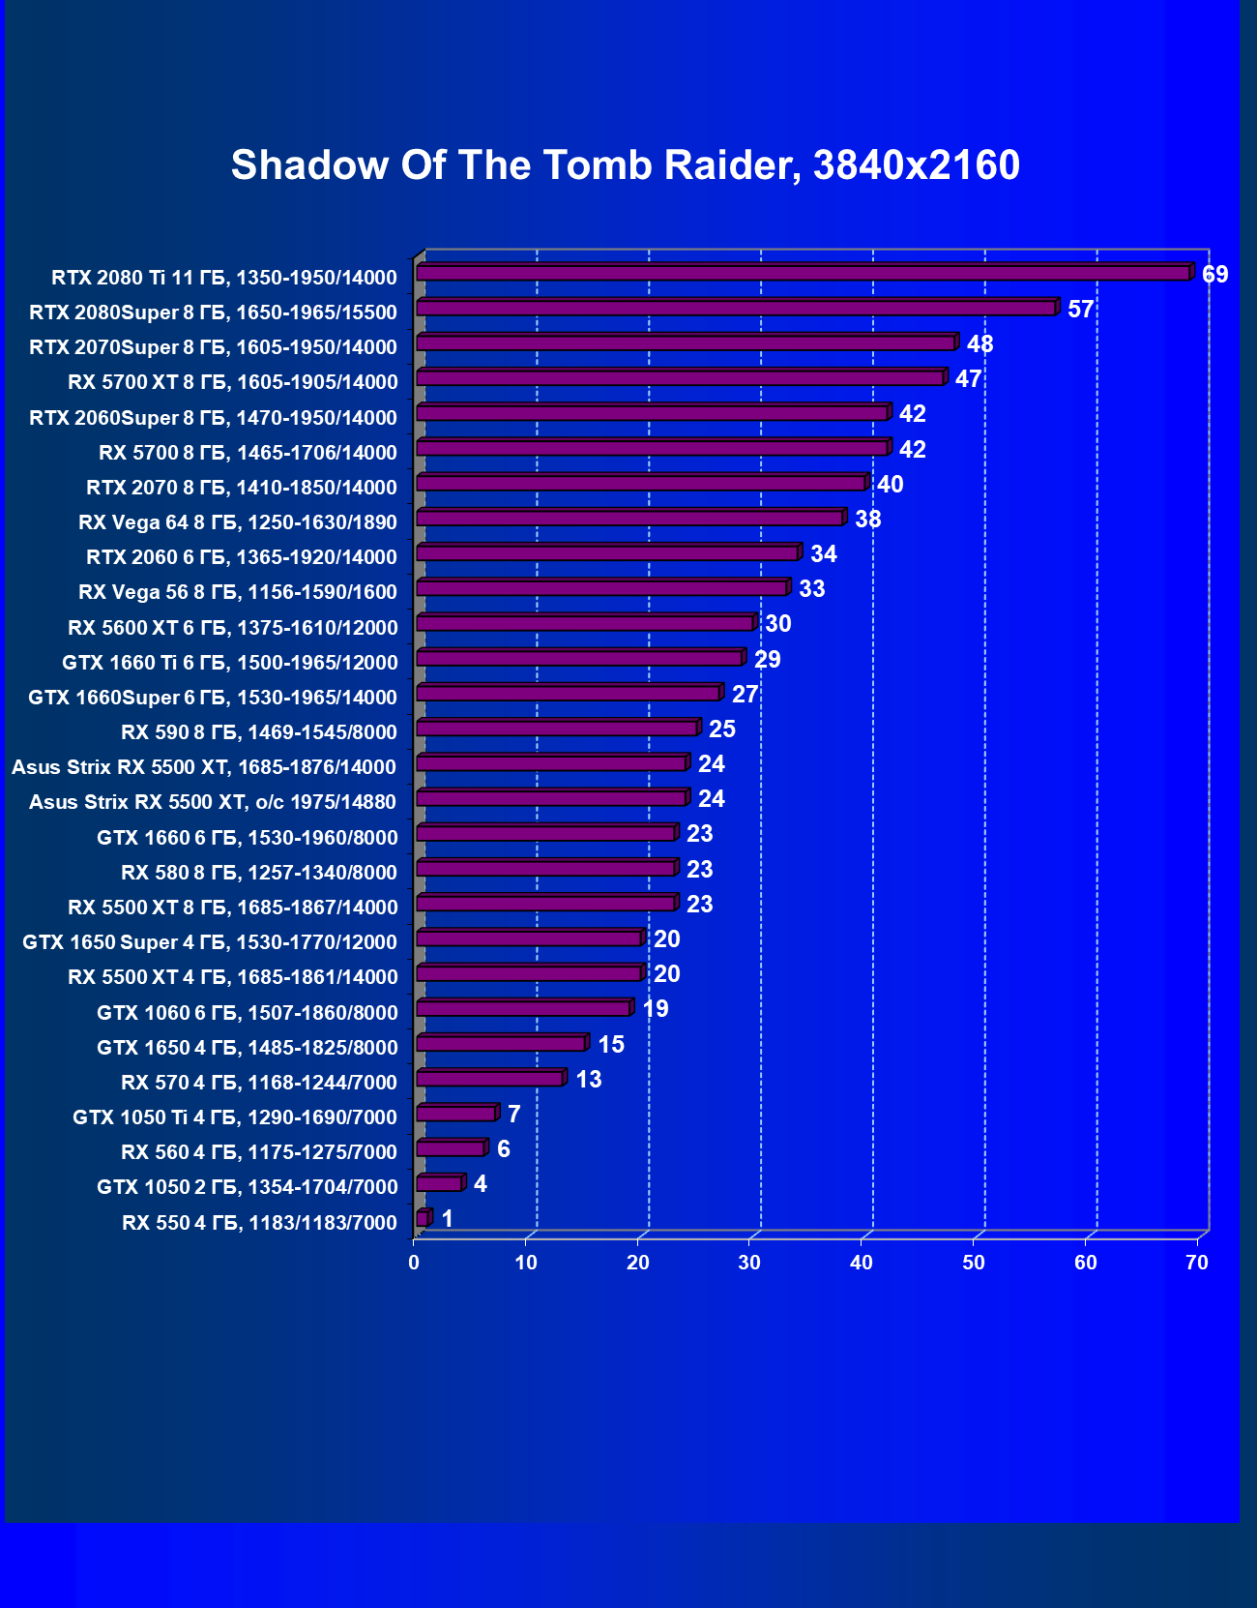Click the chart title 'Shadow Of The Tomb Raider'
625,165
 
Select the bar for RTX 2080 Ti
803,274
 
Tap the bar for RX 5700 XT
680,378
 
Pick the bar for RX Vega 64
629,519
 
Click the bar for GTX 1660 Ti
579,659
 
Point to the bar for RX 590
557,729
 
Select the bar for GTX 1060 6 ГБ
523,1009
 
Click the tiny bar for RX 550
423,1219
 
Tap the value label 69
1214,275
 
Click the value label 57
1080,310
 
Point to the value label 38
867,520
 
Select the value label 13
588,1080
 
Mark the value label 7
513,1115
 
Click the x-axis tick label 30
749,1263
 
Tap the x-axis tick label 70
1197,1263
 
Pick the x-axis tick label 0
414,1263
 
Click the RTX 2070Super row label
213,347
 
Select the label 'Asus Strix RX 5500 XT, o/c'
213,802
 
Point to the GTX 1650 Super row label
210,942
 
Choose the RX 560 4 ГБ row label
259,1152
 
